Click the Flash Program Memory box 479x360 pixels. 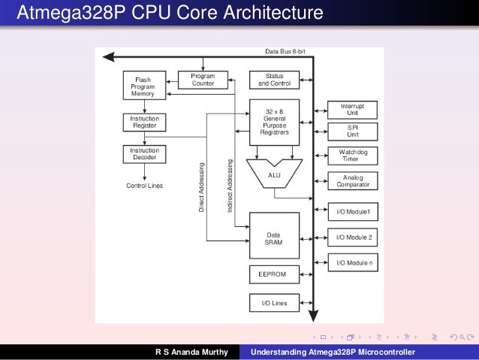[143, 86]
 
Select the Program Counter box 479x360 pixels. [203, 80]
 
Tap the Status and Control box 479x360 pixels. [274, 80]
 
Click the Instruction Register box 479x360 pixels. [143, 122]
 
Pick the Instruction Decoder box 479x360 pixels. [143, 154]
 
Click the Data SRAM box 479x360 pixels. [274, 234]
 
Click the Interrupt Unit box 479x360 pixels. [352, 110]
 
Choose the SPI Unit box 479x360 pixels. [352, 131]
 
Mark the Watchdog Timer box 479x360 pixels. [352, 156]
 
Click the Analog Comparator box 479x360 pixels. [352, 181]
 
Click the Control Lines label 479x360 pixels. [144, 185]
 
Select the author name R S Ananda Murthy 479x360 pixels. [191, 352]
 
